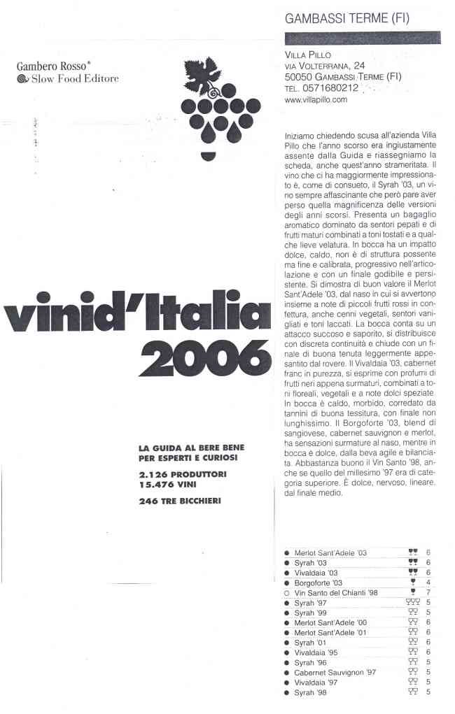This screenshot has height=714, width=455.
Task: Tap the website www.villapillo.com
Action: [316, 101]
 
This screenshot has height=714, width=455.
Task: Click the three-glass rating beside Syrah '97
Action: [412, 602]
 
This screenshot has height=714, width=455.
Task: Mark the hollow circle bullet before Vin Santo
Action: [287, 592]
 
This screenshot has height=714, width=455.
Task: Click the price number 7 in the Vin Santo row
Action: [427, 592]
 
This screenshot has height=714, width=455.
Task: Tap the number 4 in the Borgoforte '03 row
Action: [427, 583]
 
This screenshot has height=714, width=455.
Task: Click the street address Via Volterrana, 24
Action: [325, 66]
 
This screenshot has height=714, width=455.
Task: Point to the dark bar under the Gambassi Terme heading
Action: [362, 38]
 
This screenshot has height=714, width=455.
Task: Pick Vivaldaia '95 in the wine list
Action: [316, 652]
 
